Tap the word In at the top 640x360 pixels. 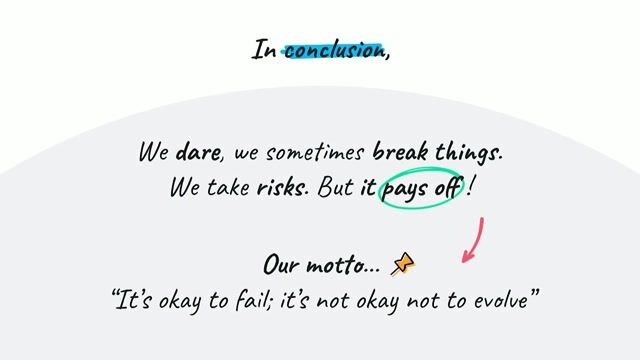click(264, 49)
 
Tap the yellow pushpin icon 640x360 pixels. click(402, 264)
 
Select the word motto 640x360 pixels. click(343, 266)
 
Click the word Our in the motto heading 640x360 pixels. click(281, 266)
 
